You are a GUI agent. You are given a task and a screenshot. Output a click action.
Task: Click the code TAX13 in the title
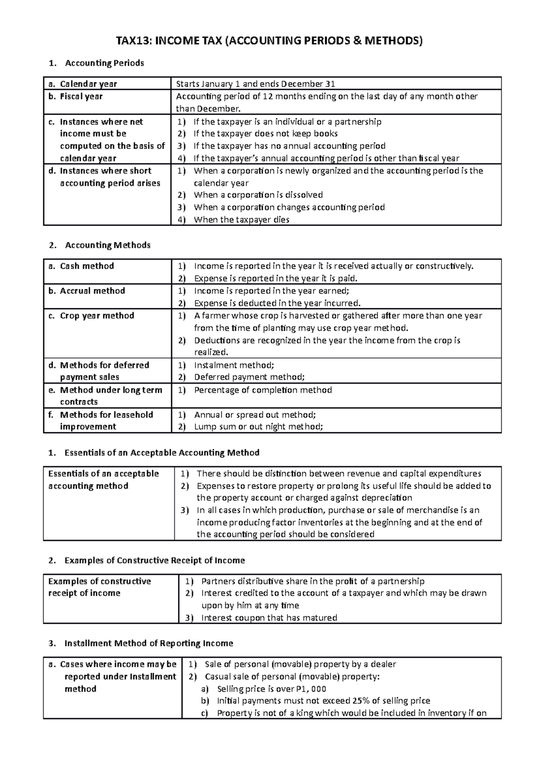coord(133,41)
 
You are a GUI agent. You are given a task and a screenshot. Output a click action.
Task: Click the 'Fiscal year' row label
coord(81,96)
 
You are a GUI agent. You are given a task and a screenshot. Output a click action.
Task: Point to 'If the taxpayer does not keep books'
coord(265,133)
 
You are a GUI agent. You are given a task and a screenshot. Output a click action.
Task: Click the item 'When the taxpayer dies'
coord(241,220)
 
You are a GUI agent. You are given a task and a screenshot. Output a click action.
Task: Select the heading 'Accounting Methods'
coord(107,245)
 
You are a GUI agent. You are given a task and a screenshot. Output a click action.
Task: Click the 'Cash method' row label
coord(87,266)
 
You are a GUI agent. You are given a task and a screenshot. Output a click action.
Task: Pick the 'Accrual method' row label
coord(92,291)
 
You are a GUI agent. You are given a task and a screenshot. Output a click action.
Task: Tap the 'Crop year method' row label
coord(97,315)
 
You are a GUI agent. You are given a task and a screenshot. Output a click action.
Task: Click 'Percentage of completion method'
coord(263,390)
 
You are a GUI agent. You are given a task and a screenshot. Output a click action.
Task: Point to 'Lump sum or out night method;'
coord(258,427)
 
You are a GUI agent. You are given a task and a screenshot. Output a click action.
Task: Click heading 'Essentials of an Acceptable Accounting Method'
coord(162,452)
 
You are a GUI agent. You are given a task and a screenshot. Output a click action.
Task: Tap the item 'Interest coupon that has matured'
coord(269,617)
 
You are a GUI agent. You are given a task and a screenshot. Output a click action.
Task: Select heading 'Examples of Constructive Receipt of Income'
coord(155,560)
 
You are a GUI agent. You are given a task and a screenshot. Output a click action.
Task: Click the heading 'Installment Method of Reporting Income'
coord(149,643)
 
